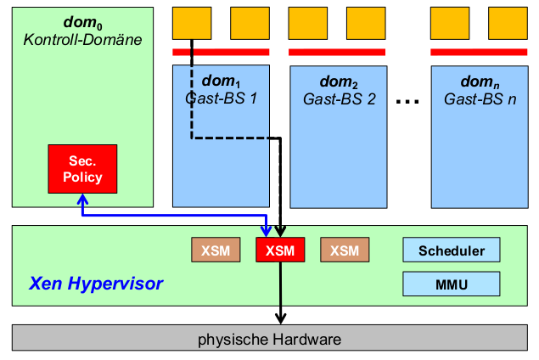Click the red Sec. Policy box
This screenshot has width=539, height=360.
[82, 169]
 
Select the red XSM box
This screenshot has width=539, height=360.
[279, 250]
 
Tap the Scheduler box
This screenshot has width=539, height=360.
[452, 250]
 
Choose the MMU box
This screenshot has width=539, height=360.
[452, 283]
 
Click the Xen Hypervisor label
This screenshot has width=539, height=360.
[97, 282]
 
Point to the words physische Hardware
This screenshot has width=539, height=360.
[269, 340]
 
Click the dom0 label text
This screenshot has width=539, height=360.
[82, 20]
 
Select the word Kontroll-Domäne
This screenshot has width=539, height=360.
[82, 39]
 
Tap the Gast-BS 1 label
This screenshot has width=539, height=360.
[221, 98]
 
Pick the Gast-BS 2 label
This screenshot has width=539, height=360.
[339, 99]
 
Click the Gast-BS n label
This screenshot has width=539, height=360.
[480, 99]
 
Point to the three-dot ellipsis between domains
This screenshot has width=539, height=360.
[408, 102]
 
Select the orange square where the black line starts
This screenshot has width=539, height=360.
[192, 25]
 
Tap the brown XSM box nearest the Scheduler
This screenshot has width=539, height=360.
[344, 250]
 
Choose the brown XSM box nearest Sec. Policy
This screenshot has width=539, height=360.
[216, 250]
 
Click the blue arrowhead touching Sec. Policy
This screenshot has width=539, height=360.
[82, 200]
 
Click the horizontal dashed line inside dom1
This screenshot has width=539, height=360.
[235, 138]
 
